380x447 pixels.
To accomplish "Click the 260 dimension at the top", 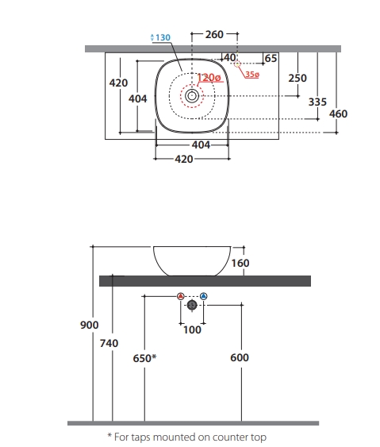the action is coord(214,34).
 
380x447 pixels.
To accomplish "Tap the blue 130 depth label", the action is coord(163,37).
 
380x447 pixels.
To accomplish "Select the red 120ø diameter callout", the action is coord(209,78).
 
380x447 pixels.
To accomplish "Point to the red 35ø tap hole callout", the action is coord(252,75).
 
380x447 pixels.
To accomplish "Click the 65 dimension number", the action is coord(271,59).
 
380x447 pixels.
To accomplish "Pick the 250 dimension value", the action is coord(297,78).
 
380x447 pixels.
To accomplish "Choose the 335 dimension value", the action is coord(317,102).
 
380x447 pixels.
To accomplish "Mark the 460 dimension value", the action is coord(338,114).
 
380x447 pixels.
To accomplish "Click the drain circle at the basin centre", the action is coord(192,96).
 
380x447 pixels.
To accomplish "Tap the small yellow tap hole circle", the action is coord(237,64).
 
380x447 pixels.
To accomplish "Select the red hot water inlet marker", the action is coord(181,296).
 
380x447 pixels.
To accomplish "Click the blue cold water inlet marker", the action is coord(203,296).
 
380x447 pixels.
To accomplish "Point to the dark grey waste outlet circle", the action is coord(192,305).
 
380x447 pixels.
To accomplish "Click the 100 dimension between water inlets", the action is coord(192,330).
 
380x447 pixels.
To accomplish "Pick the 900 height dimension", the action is coord(89,325).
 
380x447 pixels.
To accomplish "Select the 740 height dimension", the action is coord(109,343).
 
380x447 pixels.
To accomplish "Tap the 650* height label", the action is coord(144,358).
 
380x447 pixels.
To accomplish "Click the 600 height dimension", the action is coord(240,357).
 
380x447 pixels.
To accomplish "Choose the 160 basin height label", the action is coord(240,263).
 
